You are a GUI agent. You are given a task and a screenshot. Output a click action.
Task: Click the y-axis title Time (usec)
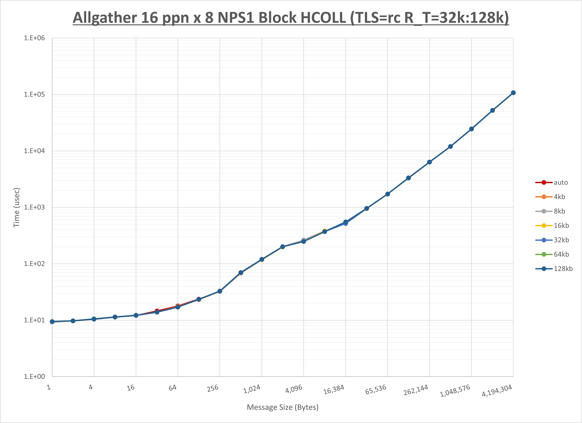16,207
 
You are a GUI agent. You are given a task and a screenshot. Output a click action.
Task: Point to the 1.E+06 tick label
34,38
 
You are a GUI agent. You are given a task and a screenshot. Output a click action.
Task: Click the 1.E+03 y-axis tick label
34,207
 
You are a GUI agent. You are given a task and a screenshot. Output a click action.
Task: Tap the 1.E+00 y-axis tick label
34,377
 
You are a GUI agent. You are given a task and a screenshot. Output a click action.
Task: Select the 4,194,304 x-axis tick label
497,391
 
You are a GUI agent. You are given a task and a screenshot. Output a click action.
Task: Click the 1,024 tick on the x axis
252,389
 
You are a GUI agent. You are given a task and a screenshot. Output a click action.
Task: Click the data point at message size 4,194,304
513,93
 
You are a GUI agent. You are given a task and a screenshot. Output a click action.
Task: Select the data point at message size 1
52,322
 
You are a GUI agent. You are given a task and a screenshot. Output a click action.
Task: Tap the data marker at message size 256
220,291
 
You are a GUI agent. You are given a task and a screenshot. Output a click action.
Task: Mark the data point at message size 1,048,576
471,129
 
